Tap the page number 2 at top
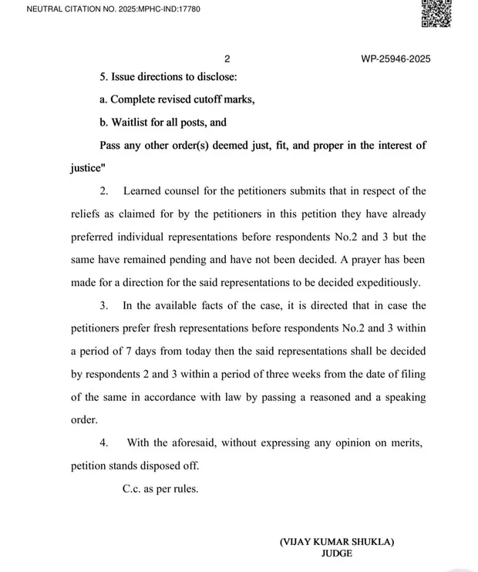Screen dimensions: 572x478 click(227, 59)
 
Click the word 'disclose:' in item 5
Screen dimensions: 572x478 click(215, 78)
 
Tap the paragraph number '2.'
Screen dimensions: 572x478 click(104, 191)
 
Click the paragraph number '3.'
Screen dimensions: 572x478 click(104, 306)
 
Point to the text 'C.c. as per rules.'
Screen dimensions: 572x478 click(160, 488)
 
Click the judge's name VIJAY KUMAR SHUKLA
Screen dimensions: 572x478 click(337, 542)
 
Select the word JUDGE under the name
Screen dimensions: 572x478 click(337, 553)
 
